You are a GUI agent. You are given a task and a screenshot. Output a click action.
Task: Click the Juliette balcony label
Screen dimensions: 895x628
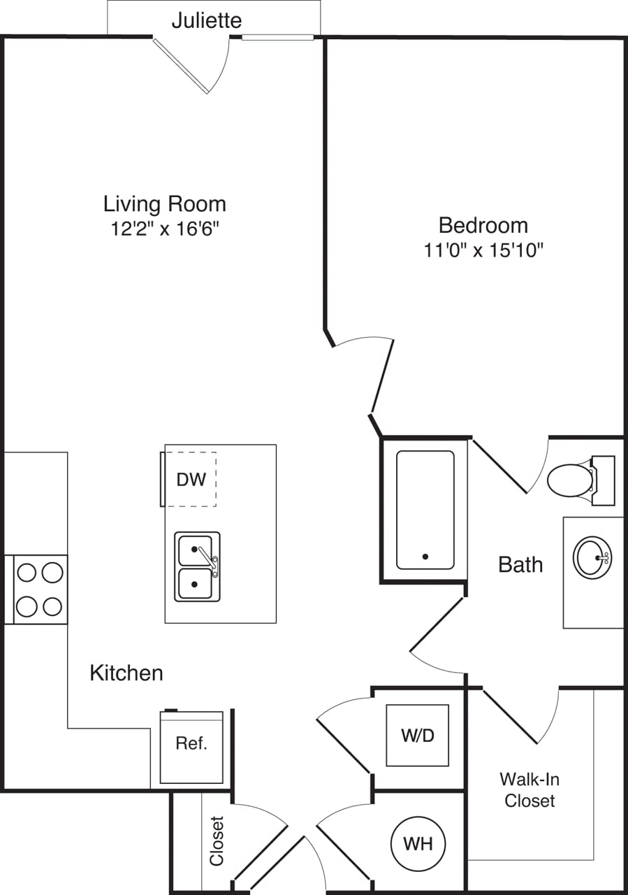tap(207, 20)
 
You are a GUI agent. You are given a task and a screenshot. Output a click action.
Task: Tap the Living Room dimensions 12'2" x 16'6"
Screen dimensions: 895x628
tap(165, 229)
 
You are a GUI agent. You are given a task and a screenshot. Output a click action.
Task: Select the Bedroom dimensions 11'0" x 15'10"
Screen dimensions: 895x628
tap(483, 250)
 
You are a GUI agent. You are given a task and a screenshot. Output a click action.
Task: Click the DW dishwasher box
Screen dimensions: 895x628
tap(191, 480)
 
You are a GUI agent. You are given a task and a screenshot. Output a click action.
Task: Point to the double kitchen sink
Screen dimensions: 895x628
tap(197, 566)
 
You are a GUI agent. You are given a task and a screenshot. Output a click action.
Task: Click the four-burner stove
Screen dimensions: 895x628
tap(40, 589)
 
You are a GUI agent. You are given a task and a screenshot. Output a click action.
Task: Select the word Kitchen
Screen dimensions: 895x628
tap(126, 673)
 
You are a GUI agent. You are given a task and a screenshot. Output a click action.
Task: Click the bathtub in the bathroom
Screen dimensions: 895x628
tap(425, 509)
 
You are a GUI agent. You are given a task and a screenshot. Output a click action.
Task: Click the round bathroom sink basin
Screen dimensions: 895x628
tap(592, 557)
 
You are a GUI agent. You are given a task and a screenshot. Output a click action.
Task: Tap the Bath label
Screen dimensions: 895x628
tap(520, 564)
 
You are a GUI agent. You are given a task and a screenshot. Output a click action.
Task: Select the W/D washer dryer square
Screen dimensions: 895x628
tap(418, 735)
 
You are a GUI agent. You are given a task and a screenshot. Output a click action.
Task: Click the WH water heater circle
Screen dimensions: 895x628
tap(418, 844)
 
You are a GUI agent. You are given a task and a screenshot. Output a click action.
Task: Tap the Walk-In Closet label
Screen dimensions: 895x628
tap(530, 789)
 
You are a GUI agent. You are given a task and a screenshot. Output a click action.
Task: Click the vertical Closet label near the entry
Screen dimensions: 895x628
tap(217, 840)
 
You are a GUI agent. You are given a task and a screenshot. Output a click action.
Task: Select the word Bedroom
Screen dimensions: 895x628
tap(483, 225)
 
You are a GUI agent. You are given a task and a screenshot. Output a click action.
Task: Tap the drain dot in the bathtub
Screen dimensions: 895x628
tap(425, 557)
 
